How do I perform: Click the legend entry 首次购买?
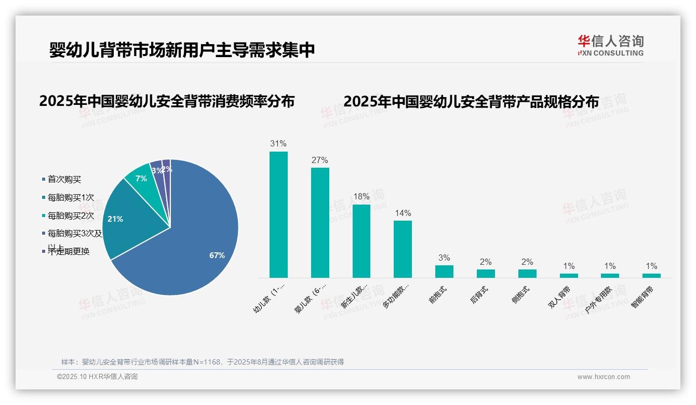(x=64, y=179)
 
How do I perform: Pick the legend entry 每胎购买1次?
(x=70, y=197)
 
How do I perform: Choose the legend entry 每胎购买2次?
(x=70, y=215)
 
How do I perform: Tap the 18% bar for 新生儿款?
(x=362, y=241)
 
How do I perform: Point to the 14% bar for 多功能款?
(x=403, y=249)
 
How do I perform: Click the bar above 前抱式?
(x=444, y=272)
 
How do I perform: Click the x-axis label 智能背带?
(x=643, y=296)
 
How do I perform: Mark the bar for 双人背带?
(x=569, y=276)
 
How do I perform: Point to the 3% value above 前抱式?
(x=444, y=258)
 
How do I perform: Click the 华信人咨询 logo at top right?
(x=610, y=45)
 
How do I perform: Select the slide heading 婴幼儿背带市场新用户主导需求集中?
(x=182, y=50)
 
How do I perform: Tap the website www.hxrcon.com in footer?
(x=604, y=377)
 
